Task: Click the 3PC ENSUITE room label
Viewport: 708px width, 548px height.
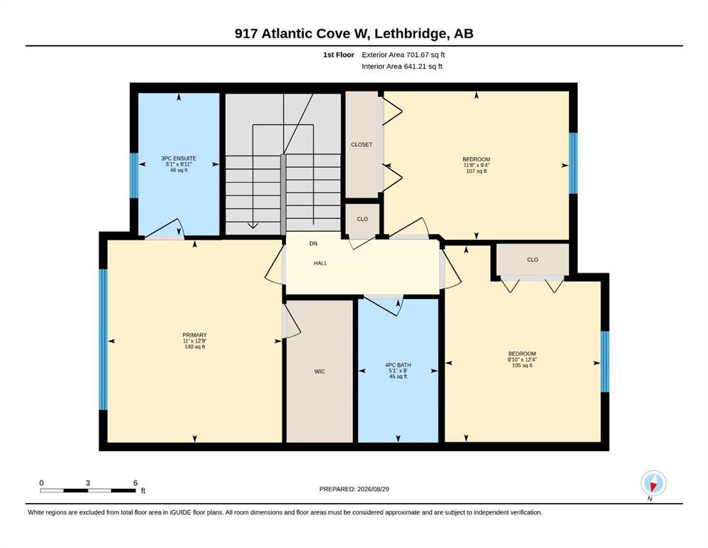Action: click(x=179, y=158)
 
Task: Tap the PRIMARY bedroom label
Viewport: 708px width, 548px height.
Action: click(x=195, y=335)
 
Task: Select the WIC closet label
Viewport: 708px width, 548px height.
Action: click(x=319, y=372)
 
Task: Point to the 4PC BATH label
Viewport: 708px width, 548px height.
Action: click(x=398, y=365)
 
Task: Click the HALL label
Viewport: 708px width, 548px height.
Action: click(x=321, y=263)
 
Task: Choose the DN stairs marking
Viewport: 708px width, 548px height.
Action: click(x=314, y=243)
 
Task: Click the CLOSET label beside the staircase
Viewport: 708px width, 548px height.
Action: click(x=361, y=145)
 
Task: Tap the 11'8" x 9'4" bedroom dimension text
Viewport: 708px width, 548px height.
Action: click(x=476, y=166)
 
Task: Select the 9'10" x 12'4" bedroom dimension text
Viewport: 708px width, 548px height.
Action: click(x=522, y=360)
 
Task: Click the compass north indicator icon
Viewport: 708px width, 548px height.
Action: click(x=653, y=483)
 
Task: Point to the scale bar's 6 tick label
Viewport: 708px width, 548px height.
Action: click(x=135, y=483)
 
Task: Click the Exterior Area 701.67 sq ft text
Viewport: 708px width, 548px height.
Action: click(x=404, y=55)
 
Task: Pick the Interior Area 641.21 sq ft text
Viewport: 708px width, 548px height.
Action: click(x=402, y=66)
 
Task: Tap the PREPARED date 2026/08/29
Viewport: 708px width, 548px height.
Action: click(x=373, y=489)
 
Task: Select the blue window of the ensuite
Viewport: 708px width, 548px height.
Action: click(x=134, y=176)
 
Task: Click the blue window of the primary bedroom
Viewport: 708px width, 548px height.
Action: click(x=103, y=339)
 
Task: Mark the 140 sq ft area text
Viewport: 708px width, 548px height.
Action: click(x=195, y=347)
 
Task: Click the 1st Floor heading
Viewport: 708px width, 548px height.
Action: click(x=339, y=55)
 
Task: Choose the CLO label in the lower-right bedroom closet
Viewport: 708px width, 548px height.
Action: click(x=533, y=260)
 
